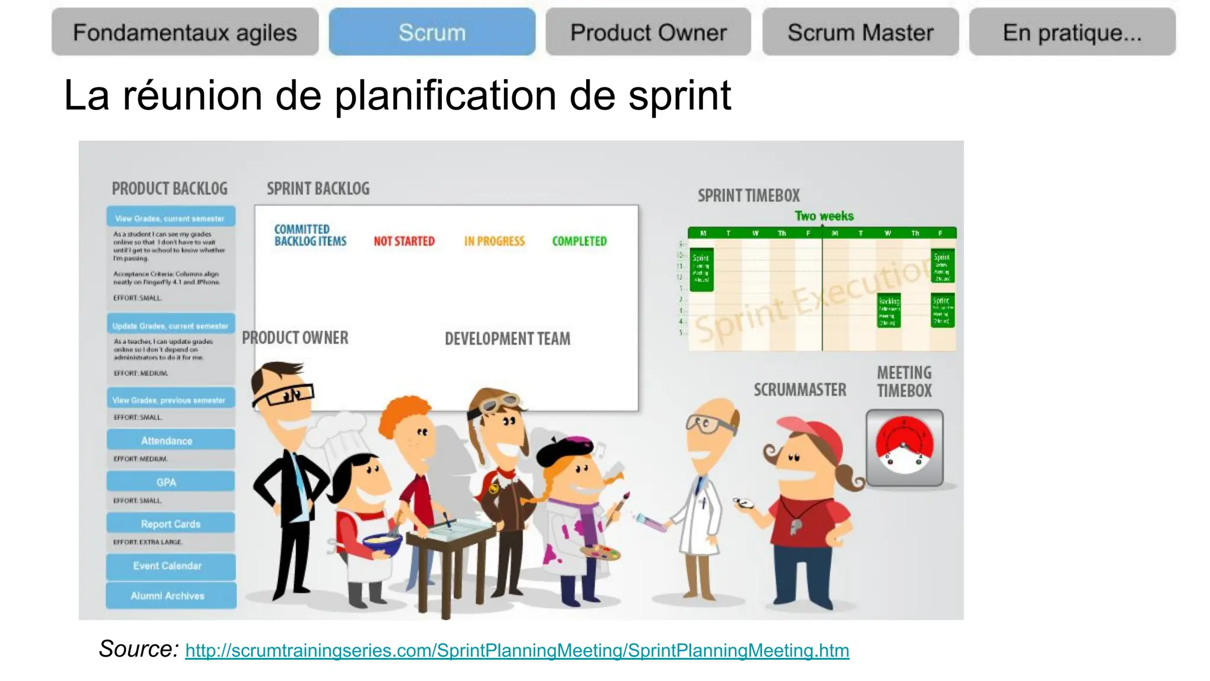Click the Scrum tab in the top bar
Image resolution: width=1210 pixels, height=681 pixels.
click(x=432, y=32)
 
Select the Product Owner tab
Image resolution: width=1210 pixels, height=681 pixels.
click(x=648, y=32)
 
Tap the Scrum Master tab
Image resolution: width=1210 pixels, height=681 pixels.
click(x=860, y=32)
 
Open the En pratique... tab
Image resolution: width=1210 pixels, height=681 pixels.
click(x=1072, y=32)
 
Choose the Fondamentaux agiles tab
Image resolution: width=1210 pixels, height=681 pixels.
click(x=185, y=32)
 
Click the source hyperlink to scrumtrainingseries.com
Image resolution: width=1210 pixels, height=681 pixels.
click(x=517, y=650)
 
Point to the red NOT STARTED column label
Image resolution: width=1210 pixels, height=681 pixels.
click(x=404, y=241)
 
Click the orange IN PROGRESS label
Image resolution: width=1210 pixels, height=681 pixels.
click(x=495, y=241)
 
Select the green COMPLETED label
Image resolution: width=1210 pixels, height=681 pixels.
click(x=579, y=241)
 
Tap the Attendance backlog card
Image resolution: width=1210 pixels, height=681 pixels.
click(x=170, y=440)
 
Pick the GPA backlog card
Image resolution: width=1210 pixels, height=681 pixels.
click(x=170, y=482)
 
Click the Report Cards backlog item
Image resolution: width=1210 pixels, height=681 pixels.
click(x=170, y=524)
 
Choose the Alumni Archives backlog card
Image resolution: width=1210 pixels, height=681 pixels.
click(x=170, y=596)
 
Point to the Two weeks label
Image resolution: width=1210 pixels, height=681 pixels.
click(x=824, y=216)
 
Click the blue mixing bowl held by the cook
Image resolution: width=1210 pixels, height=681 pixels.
click(x=381, y=544)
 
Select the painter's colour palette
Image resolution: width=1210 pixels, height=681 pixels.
click(x=600, y=553)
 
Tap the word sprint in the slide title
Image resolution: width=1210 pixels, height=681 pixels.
click(x=679, y=96)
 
